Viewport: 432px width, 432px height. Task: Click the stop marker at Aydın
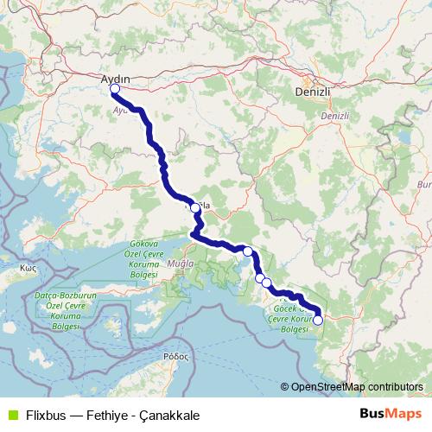115,88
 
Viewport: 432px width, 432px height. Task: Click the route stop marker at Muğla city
195,207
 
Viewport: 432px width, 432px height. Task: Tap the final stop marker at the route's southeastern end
317,320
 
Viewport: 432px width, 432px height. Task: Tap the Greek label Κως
31,269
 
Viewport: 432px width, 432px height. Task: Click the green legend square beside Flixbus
11,414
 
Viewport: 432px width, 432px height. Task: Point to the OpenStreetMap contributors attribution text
356,387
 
